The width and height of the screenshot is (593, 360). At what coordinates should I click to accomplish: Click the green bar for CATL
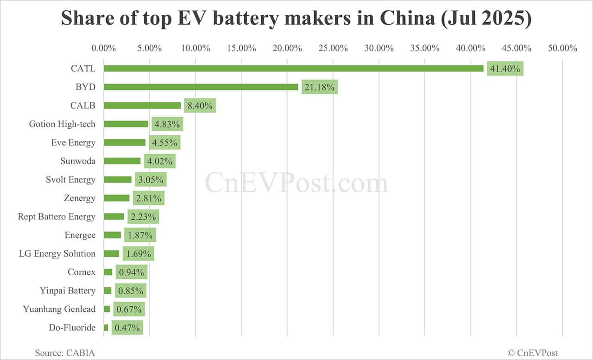coord(293,69)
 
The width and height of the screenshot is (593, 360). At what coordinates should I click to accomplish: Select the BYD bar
coord(201,87)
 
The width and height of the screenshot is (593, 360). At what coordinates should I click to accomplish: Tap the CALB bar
coord(142,106)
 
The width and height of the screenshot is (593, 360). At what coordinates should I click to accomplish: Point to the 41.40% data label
coord(505,69)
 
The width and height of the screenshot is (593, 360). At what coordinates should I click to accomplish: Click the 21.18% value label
coord(320,87)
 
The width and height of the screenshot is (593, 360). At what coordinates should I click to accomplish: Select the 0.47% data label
coord(127,328)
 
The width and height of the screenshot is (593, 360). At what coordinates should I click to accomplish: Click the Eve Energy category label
coord(73,143)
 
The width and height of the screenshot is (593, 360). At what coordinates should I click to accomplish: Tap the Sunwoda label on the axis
coord(78,161)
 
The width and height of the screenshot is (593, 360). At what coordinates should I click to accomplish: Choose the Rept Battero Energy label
coord(57,217)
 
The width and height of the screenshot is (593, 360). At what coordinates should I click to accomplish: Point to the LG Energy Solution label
coord(57,254)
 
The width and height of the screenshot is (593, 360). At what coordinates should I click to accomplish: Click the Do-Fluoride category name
coord(72,328)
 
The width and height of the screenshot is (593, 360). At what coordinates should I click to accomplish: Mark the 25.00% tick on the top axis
coord(333,48)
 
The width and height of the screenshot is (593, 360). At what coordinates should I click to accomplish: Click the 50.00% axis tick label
coord(562,48)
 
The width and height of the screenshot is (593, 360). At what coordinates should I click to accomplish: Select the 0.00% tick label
coord(104,48)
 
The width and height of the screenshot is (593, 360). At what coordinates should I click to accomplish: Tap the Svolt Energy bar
coord(118,180)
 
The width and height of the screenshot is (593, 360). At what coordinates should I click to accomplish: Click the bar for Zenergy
coord(117,198)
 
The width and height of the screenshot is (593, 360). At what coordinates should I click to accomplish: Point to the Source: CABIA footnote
coord(65,353)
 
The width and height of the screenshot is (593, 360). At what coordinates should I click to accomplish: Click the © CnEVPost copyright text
coord(533,353)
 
